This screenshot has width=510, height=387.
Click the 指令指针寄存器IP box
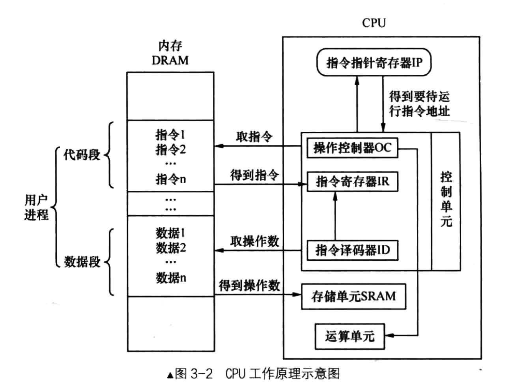click(373, 62)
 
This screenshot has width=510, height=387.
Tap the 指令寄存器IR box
click(352, 181)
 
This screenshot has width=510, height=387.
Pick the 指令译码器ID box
click(352, 250)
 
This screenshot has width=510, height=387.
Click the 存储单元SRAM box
click(353, 296)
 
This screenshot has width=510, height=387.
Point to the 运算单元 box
click(349, 336)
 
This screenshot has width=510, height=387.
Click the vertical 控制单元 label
click(446, 200)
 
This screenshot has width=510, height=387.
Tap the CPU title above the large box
click(373, 23)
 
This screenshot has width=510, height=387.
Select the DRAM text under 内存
click(170, 60)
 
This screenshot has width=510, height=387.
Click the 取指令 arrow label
click(254, 136)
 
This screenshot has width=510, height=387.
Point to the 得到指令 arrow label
click(254, 175)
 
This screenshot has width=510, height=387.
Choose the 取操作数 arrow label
click(254, 241)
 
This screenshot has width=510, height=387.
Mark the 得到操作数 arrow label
click(249, 285)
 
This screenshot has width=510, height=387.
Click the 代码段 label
click(82, 155)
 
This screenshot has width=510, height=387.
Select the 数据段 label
click(82, 262)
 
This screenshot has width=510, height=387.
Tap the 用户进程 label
click(36, 207)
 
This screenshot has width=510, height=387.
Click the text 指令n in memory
click(170, 179)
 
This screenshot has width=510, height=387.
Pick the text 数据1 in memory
click(170, 233)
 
